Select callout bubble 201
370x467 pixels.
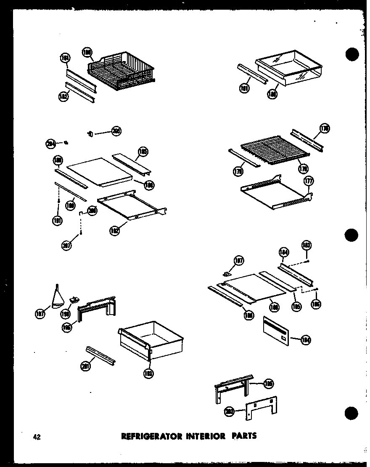(x=85, y=366)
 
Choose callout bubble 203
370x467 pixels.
(x=230, y=412)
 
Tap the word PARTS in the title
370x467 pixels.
(x=243, y=436)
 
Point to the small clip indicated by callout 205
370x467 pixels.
(x=90, y=133)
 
